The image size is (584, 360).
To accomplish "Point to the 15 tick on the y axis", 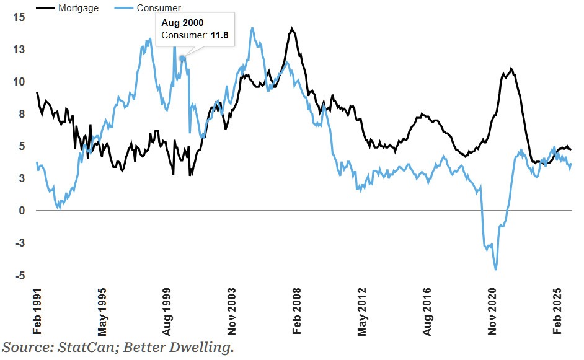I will pos(19,17).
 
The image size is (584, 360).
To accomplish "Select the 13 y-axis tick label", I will pos(19,50).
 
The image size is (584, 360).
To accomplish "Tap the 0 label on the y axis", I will pos(22,211).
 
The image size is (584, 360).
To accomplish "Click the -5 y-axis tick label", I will pos(19,276).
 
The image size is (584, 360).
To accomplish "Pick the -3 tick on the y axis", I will pos(19,244).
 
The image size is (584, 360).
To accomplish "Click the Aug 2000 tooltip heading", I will pos(183,23).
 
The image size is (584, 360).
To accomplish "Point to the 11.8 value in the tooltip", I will pos(219,35).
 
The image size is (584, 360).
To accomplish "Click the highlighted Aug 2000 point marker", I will pos(182,58).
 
